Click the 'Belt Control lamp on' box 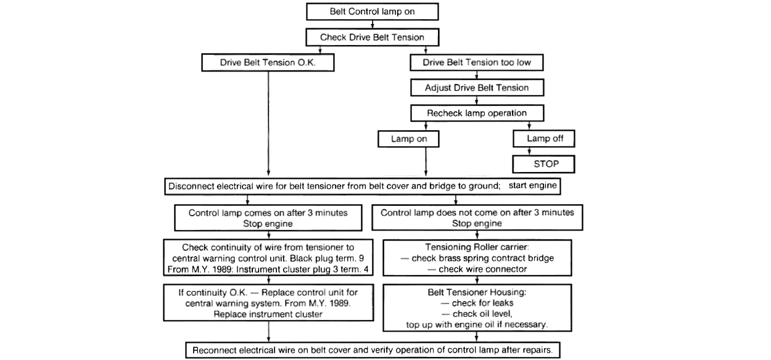373,12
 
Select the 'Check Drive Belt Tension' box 373,37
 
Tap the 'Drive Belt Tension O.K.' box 268,62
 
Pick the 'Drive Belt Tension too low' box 477,62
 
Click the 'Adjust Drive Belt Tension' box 477,88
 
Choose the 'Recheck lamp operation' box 477,113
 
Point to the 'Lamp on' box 408,139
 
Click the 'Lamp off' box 544,139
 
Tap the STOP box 544,164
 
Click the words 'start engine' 532,186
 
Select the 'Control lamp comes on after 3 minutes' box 268,218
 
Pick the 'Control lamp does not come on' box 477,218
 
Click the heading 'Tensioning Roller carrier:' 477,247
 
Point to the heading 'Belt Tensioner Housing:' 477,292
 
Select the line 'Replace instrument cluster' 268,314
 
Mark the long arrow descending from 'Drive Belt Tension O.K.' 268,124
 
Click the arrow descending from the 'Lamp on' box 426,162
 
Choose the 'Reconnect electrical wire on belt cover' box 373,350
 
